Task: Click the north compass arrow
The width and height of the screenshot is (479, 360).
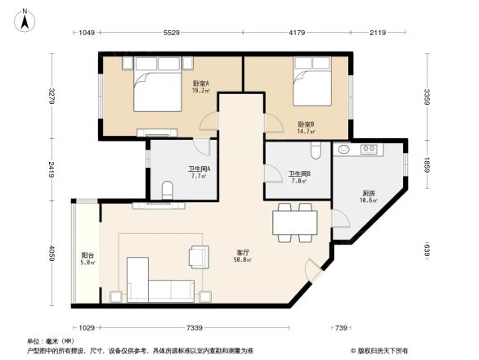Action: click(25, 19)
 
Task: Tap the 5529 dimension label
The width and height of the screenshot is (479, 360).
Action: click(171, 34)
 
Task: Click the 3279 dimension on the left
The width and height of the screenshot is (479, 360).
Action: click(51, 97)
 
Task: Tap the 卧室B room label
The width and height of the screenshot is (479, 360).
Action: click(307, 127)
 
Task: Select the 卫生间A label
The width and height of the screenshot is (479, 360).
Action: click(199, 172)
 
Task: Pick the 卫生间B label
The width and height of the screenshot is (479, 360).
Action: click(298, 177)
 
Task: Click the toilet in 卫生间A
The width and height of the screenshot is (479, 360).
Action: click(168, 191)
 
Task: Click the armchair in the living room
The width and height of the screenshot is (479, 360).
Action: click(199, 256)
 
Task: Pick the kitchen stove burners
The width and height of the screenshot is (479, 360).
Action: click(369, 150)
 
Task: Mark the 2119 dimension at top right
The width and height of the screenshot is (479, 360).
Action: click(377, 34)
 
